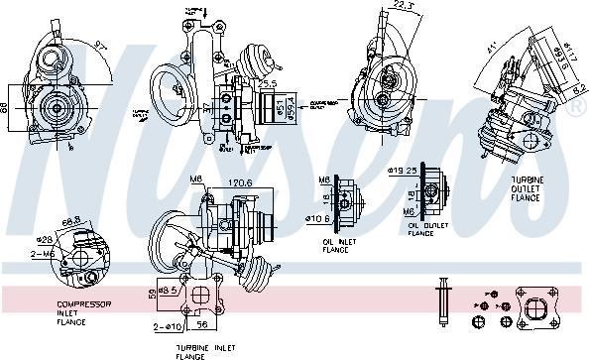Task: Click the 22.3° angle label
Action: coord(398,6)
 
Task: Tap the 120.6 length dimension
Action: coord(238,183)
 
